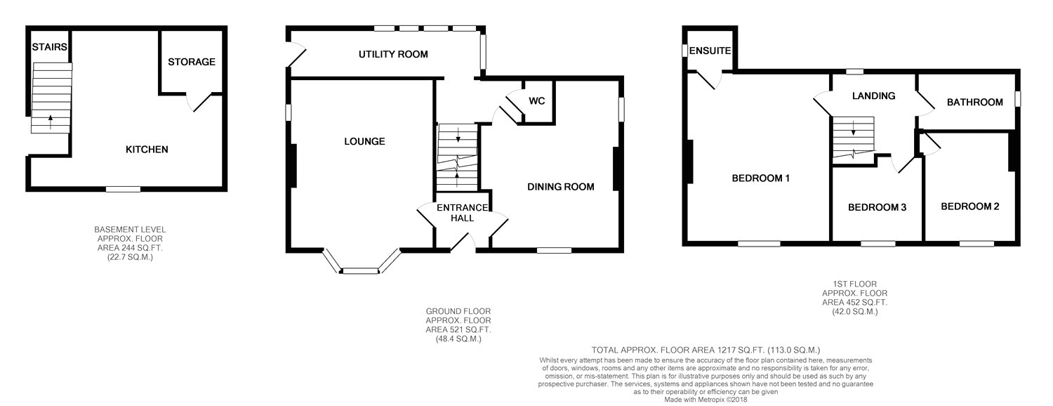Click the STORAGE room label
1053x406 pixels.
[192, 62]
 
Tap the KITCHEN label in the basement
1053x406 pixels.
[147, 150]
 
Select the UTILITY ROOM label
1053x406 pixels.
[393, 54]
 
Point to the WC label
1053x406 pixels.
[537, 100]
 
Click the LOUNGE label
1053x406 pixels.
[364, 141]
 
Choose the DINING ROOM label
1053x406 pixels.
[560, 187]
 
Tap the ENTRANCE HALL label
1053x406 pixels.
[463, 213]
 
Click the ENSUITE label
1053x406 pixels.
[710, 51]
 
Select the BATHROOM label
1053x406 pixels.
[974, 102]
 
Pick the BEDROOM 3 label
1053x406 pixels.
[877, 207]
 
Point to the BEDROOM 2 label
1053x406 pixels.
[969, 207]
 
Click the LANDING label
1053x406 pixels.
[873, 96]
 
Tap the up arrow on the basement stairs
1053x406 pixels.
[51, 122]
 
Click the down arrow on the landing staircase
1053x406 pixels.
[853, 129]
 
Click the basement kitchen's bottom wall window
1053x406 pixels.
[123, 189]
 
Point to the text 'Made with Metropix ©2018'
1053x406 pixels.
[706, 400]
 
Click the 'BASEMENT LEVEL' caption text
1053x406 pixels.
[130, 230]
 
